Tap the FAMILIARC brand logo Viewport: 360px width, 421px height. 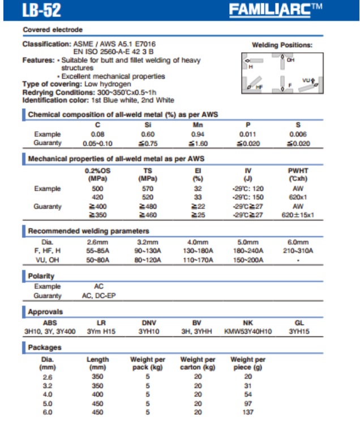click(291, 10)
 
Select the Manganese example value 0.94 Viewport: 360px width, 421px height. click(198, 134)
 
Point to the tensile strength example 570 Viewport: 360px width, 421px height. click(148, 189)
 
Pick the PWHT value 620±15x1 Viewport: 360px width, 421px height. click(298, 215)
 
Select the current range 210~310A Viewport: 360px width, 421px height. click(298, 250)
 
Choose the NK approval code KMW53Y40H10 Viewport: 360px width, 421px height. click(248, 331)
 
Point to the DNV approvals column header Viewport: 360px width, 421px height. click(148, 322)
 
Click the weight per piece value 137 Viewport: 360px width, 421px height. click(248, 413)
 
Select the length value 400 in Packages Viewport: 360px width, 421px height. click(97, 394)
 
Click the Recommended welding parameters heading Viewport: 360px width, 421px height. click(89, 231)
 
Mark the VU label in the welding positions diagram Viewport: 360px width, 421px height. click(306, 80)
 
